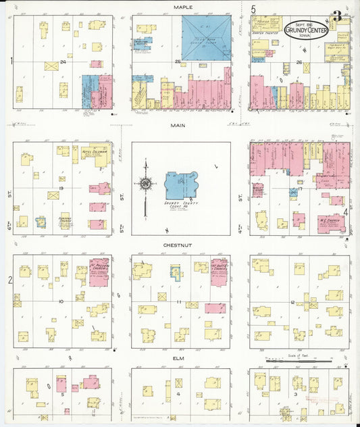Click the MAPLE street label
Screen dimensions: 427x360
tap(182, 7)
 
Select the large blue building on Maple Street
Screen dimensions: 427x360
tap(206, 38)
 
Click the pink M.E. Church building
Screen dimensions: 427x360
tap(329, 224)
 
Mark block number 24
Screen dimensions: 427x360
tap(62, 62)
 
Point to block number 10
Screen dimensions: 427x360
tap(62, 301)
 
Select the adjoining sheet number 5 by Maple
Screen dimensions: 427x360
tap(253, 9)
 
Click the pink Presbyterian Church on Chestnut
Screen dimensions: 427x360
tap(99, 272)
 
